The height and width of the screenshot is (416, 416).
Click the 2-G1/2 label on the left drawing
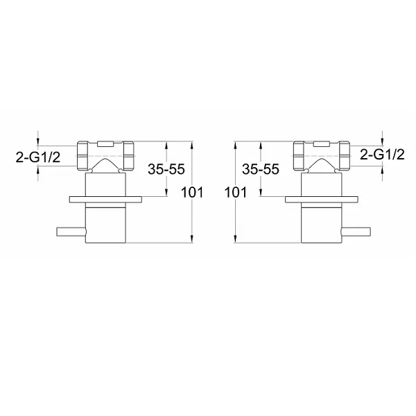[38, 157]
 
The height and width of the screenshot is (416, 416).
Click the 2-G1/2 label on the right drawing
[382, 155]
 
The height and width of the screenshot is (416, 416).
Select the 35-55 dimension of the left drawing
[166, 169]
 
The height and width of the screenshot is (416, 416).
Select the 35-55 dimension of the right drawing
[261, 169]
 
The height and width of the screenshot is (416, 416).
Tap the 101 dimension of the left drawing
[192, 192]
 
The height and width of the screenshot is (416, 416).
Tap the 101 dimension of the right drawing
[236, 192]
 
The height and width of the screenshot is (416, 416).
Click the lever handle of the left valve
[71, 232]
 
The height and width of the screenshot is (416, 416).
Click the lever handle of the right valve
[356, 232]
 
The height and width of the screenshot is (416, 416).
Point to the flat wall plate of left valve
[105, 200]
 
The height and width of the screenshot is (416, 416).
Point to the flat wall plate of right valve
[322, 200]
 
